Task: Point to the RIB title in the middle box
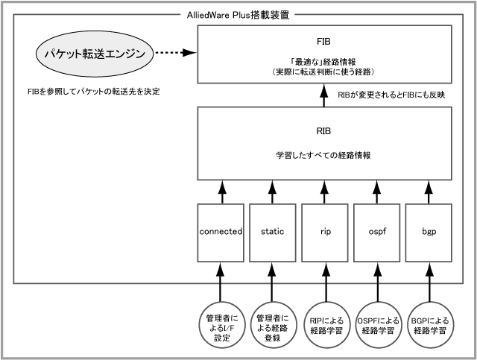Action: (323, 130)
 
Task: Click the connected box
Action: (221, 232)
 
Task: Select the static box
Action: (273, 232)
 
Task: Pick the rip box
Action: (325, 232)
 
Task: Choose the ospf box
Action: (377, 232)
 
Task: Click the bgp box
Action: (429, 232)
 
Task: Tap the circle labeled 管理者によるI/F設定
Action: (221, 326)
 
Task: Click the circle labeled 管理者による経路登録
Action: (273, 326)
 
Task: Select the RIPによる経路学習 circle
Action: (325, 326)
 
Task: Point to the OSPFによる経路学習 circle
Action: (377, 326)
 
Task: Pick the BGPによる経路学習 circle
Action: (429, 326)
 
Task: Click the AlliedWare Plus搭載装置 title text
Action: (239, 14)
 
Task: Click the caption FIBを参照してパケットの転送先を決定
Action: (92, 92)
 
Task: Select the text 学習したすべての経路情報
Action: (323, 156)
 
